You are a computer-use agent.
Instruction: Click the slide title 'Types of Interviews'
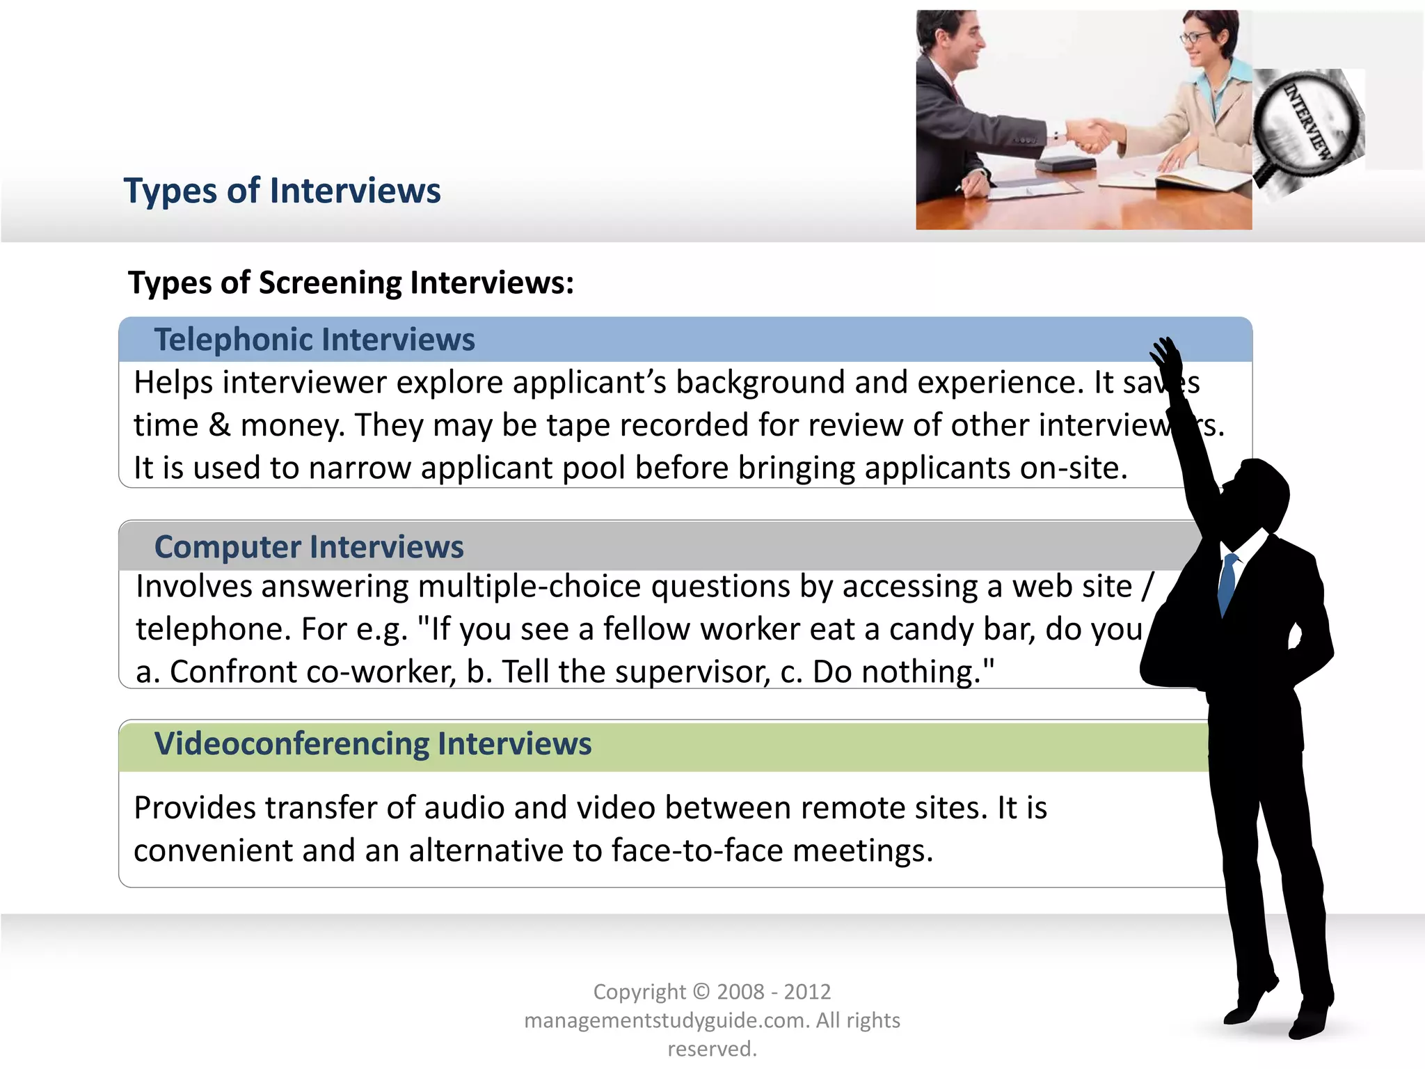pos(282,191)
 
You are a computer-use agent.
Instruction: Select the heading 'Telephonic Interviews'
pos(315,340)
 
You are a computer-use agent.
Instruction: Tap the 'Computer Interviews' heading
pos(309,547)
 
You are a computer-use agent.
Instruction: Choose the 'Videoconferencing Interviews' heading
pos(373,744)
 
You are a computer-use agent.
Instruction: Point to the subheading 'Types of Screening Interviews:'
pos(351,283)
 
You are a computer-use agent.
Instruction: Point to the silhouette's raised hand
pos(1166,355)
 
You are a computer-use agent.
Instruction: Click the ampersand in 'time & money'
pos(219,425)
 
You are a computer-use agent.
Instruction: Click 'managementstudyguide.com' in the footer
pos(666,1020)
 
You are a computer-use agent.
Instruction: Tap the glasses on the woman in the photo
pos(1194,37)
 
